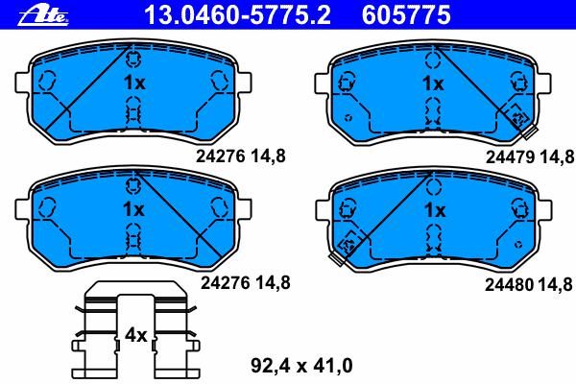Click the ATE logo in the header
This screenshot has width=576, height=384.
pos(43,14)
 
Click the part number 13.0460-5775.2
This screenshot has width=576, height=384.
pos(237,15)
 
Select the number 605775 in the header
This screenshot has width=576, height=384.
pos(406,15)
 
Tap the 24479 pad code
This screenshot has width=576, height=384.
pos(510,157)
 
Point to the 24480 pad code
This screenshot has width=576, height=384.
pos(509,284)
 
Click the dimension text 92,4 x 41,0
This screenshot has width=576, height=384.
pos(301,366)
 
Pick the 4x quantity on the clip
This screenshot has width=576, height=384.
pos(136,335)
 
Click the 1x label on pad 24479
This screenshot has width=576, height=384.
pos(433,84)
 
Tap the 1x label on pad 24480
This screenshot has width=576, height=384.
pos(435,210)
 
